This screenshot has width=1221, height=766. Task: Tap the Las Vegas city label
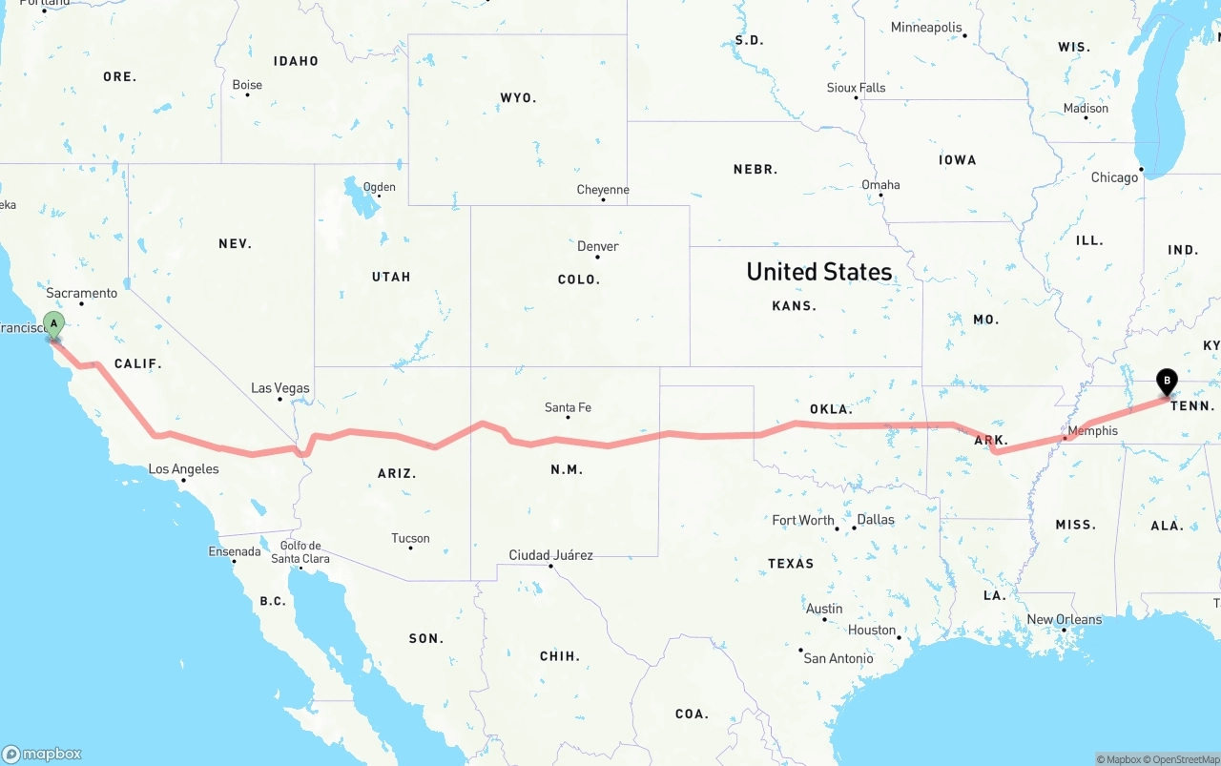pyautogui.click(x=279, y=388)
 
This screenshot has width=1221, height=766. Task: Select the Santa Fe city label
pyautogui.click(x=568, y=407)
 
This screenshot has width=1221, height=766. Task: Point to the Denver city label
pyautogui.click(x=598, y=246)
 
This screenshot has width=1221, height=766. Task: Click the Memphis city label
pyautogui.click(x=1092, y=430)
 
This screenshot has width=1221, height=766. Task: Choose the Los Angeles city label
pyautogui.click(x=183, y=468)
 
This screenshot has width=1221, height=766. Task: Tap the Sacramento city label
pyautogui.click(x=82, y=293)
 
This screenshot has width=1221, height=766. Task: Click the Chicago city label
pyautogui.click(x=1114, y=177)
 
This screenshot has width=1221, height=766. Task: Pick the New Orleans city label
pyautogui.click(x=1064, y=619)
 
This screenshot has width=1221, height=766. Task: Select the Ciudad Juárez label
pyautogui.click(x=550, y=555)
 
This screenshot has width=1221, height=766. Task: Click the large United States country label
pyautogui.click(x=819, y=272)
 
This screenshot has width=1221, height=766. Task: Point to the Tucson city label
pyautogui.click(x=410, y=538)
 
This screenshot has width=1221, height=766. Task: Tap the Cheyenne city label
pyautogui.click(x=603, y=190)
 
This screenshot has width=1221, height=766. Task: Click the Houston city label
pyautogui.click(x=872, y=630)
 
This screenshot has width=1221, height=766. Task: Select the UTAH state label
pyautogui.click(x=391, y=277)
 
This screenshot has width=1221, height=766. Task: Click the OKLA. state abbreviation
pyautogui.click(x=831, y=408)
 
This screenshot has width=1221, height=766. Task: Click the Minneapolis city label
pyautogui.click(x=926, y=28)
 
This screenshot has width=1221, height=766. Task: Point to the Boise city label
pyautogui.click(x=247, y=85)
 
